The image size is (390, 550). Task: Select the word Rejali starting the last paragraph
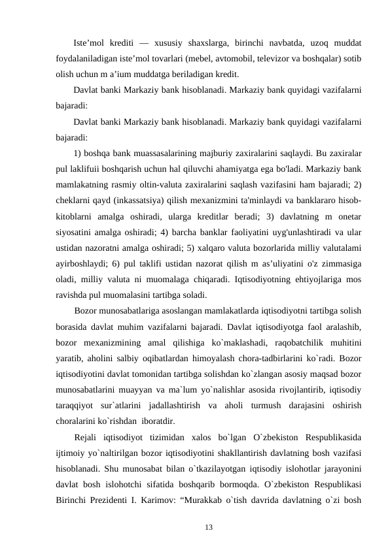coord(88,436)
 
